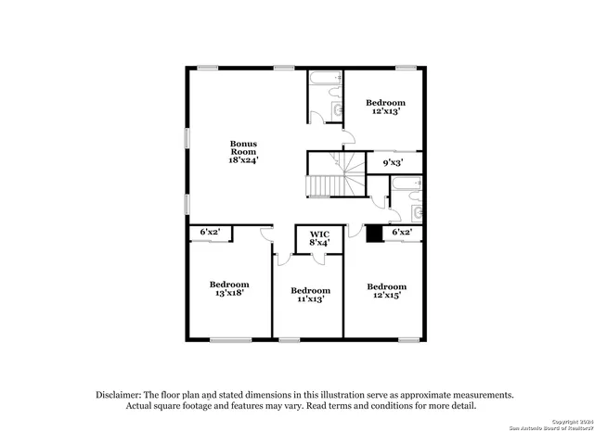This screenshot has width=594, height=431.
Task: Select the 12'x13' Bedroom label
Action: coord(385,102)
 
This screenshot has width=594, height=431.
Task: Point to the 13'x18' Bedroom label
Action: coord(228,285)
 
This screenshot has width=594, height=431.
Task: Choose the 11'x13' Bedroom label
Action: coord(310,290)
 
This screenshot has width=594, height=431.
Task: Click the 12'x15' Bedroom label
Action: coord(386,286)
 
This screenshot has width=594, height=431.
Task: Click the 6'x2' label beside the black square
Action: coord(402,232)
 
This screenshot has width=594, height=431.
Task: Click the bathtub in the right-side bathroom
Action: coord(407,194)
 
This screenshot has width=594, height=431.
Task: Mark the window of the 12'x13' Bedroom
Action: coord(406,68)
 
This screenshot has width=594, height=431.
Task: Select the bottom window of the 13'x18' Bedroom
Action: coord(230,340)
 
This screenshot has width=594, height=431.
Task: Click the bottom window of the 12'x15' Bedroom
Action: coord(407,340)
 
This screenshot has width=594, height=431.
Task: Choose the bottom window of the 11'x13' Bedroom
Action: coord(290,340)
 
